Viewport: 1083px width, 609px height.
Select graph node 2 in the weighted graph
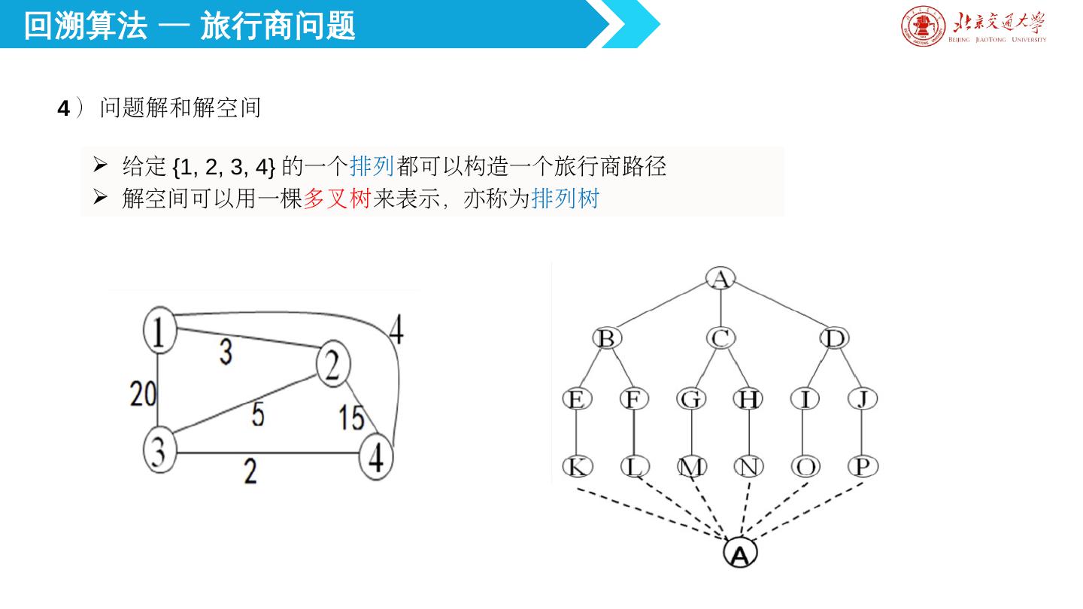333,365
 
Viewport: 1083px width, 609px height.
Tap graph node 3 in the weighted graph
159,450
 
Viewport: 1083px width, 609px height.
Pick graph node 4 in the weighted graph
377,456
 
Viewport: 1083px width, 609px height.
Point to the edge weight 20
143,393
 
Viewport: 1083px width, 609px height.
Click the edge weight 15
351,417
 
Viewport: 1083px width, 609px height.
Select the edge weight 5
257,414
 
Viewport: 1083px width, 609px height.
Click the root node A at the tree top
720,279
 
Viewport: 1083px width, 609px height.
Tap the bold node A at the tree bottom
740,554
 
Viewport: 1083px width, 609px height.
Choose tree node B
606,339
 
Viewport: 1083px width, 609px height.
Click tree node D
835,339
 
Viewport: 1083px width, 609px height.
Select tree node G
691,399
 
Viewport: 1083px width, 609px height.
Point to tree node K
577,467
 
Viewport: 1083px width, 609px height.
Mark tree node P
863,467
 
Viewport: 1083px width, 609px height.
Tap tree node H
748,399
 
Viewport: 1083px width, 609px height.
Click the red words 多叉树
337,199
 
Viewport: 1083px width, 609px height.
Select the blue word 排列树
565,199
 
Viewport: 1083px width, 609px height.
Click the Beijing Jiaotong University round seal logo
923,26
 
